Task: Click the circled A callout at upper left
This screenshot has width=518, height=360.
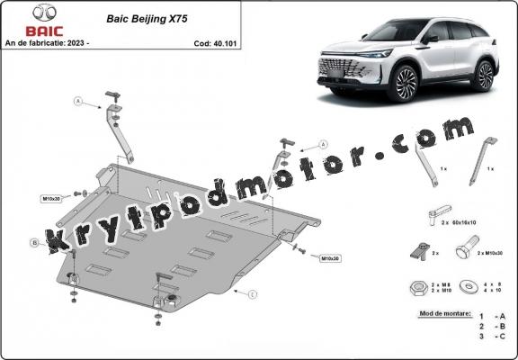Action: (x=77, y=102)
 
